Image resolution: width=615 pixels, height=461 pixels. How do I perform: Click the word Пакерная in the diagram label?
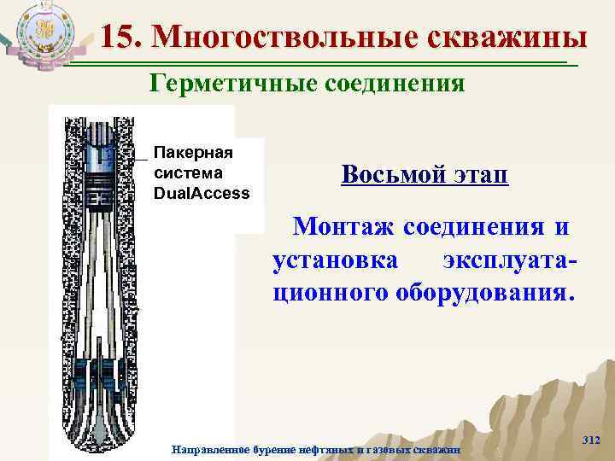pyautogui.click(x=194, y=152)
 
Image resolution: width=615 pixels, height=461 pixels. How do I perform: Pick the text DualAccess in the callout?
pyautogui.click(x=202, y=192)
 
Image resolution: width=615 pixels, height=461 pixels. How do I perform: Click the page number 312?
pyautogui.click(x=590, y=439)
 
